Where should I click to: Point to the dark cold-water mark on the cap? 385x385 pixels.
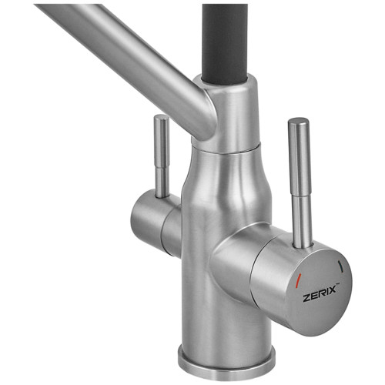click(x=340, y=266)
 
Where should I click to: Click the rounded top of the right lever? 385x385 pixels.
click(x=298, y=122)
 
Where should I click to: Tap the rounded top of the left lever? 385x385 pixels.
click(x=162, y=119)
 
